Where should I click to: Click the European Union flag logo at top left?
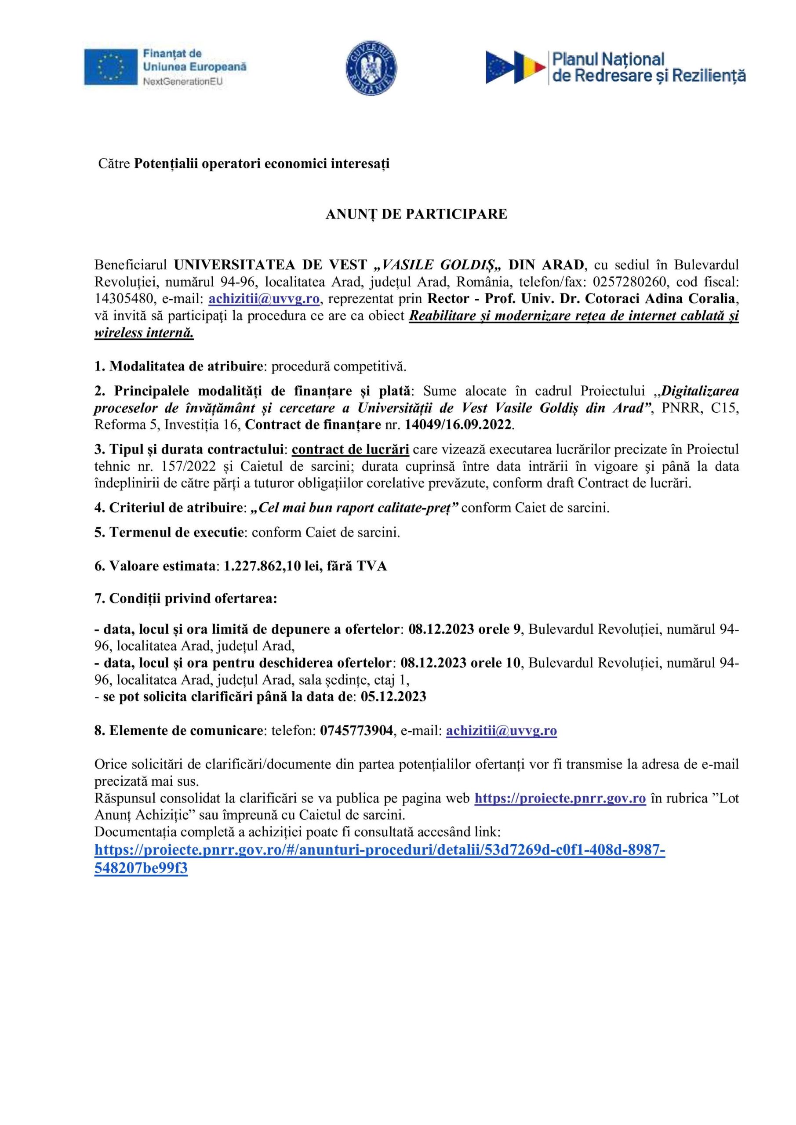tap(110, 67)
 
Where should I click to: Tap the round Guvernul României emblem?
tap(371, 68)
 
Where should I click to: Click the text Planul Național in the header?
tap(608, 59)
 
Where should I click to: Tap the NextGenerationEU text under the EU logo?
tap(182, 81)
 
